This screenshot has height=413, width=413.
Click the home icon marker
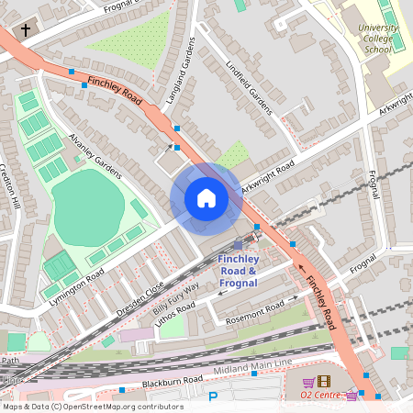[x=206, y=198]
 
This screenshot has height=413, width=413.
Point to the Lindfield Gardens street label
[x=249, y=88]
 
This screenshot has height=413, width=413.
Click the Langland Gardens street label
[x=180, y=73]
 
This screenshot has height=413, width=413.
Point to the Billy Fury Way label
[x=176, y=301]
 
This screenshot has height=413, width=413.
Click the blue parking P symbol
[x=214, y=397]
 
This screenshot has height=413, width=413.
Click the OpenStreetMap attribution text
[x=92, y=407]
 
